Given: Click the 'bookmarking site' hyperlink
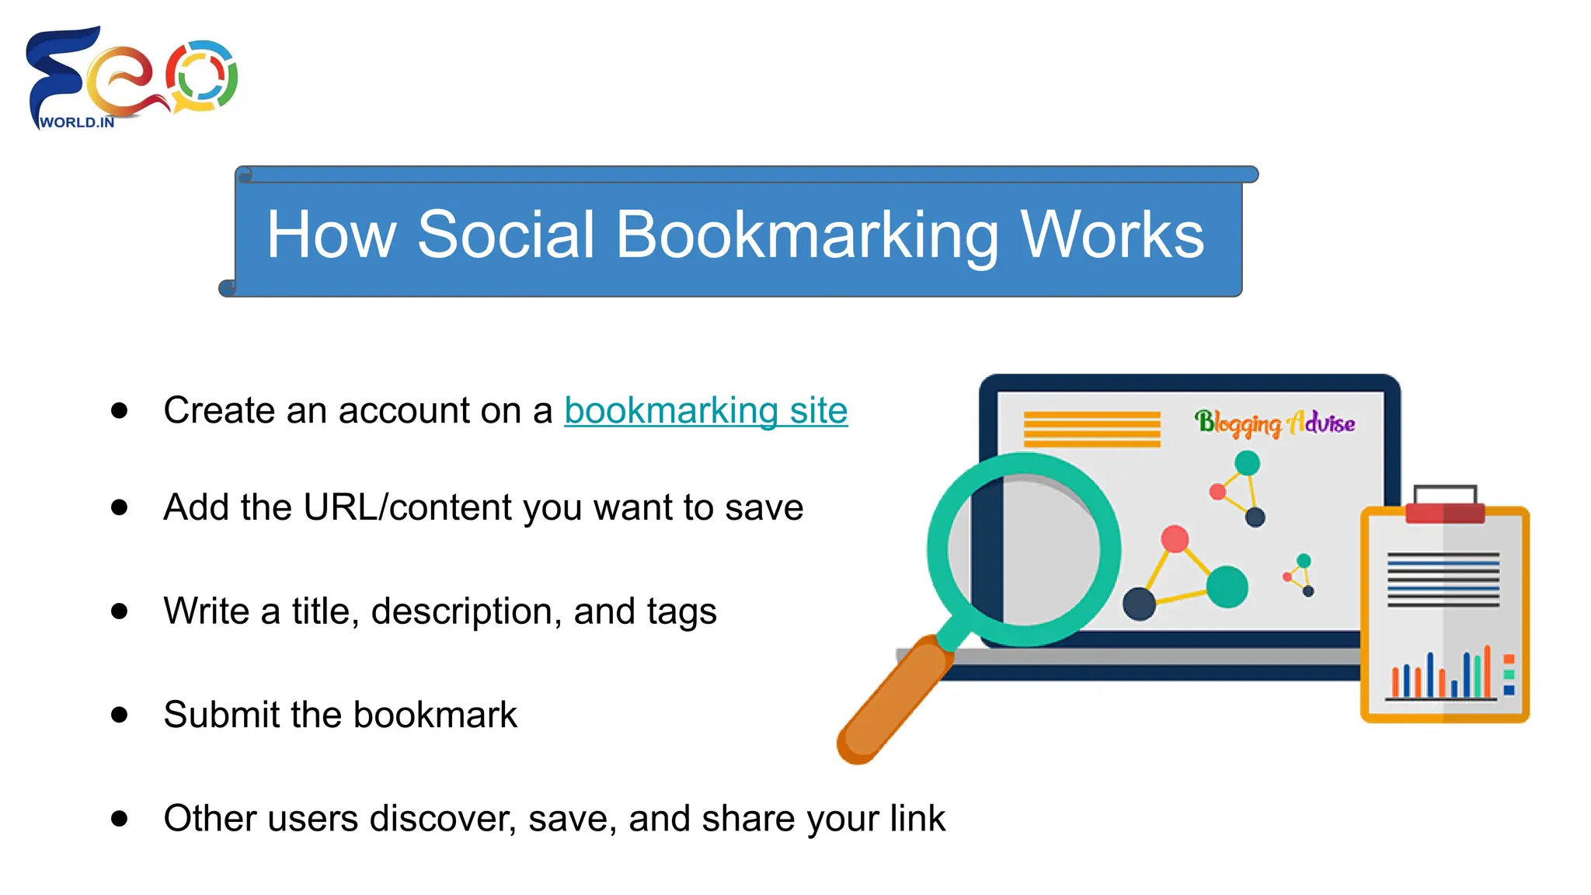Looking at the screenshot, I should tap(705, 410).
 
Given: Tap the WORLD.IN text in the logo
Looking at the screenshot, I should tap(77, 123).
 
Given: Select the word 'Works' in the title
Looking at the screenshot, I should tap(1112, 235).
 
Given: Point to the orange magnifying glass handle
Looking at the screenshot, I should tap(893, 698).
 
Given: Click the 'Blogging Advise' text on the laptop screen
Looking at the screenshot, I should tap(1275, 423).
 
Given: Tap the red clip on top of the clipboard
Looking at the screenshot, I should tap(1445, 512).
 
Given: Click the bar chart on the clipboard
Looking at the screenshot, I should tap(1442, 674).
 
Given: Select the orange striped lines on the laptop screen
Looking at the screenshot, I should tap(1091, 429).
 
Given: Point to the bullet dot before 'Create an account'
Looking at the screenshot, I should tap(119, 410).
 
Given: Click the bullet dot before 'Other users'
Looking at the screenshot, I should tap(119, 818).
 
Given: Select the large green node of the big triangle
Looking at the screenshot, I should tap(1227, 587).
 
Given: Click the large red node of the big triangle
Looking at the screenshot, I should tap(1175, 538).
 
